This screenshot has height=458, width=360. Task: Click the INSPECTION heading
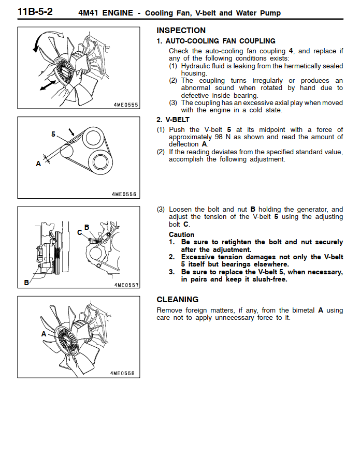pos(181,31)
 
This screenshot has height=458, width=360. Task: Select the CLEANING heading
pos(177,300)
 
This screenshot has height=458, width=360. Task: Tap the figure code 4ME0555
pos(126,105)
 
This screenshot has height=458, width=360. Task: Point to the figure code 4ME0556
pos(124,195)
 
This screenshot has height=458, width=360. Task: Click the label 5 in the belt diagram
pos(53,134)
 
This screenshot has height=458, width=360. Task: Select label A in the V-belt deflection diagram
pos(38,164)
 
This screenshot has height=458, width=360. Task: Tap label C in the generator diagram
pos(80,232)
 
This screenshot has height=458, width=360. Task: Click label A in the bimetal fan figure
pos(44,334)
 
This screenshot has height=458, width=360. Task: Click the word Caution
pos(181,234)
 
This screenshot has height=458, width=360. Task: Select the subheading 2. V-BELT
pos(173,120)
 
